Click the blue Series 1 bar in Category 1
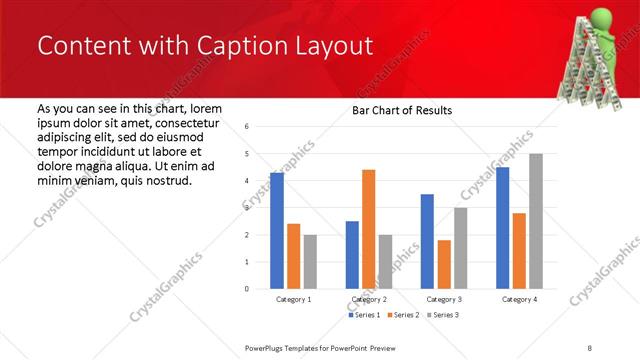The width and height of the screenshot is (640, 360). coord(277,231)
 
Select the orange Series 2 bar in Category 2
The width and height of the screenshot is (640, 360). coord(368,229)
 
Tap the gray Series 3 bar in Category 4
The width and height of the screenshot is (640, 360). coord(536,221)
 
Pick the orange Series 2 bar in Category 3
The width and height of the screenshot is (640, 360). coord(444,264)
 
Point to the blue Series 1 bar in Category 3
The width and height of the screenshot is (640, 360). coord(427,241)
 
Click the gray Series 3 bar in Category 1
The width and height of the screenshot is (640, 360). coord(310,262)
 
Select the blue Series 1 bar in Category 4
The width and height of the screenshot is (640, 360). coord(502,228)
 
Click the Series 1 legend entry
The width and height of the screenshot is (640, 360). coord(364,315)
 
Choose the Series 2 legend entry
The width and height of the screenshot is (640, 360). coord(403,315)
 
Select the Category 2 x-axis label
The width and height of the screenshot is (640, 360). coord(369,299)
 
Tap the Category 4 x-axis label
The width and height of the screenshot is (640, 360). coord(519,299)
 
